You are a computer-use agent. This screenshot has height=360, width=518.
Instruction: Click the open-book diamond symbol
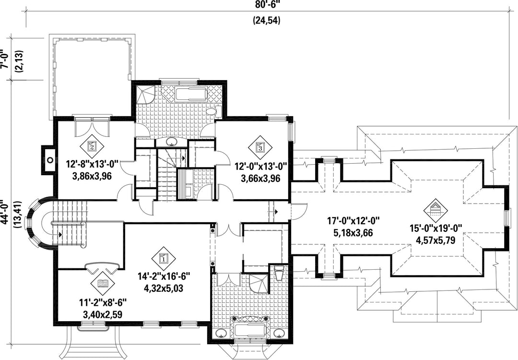[x=103, y=283]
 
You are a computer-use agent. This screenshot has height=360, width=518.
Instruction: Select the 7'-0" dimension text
[x=4, y=59]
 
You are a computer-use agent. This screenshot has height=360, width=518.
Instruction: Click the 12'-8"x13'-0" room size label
[x=92, y=164]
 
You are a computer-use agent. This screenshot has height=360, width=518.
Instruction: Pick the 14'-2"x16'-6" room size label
[x=164, y=276]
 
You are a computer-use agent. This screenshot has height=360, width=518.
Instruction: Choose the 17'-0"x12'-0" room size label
[x=353, y=220]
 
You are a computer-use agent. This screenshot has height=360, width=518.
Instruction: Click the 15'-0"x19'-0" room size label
[x=436, y=228]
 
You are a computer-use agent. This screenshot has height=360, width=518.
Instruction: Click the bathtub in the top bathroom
[x=191, y=94]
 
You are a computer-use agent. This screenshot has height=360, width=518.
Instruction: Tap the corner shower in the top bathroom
[x=145, y=94]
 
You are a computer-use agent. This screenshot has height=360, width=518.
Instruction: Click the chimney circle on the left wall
[x=50, y=160]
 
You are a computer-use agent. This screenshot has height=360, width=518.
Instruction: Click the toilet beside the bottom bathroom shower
[x=279, y=273]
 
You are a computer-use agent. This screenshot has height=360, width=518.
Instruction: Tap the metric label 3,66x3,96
[x=260, y=179]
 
